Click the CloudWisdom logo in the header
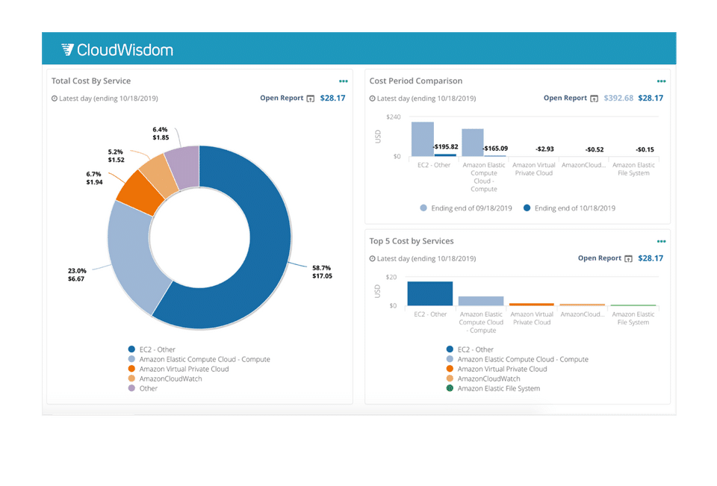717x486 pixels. coord(117,50)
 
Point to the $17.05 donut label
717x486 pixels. coord(322,276)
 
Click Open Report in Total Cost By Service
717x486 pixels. coord(282,98)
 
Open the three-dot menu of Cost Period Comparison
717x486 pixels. coord(661,81)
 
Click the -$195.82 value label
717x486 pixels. coord(445,146)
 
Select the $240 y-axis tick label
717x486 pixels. coord(394,117)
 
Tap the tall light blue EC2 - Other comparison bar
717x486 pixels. coord(422,139)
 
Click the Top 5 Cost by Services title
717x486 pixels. coord(411,241)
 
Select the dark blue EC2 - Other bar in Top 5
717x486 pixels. coord(429,293)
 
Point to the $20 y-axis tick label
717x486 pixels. coord(391,277)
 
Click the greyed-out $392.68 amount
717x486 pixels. coord(618,98)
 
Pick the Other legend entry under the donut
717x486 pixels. coord(148,388)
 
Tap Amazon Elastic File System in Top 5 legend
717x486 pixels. coord(498,388)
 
